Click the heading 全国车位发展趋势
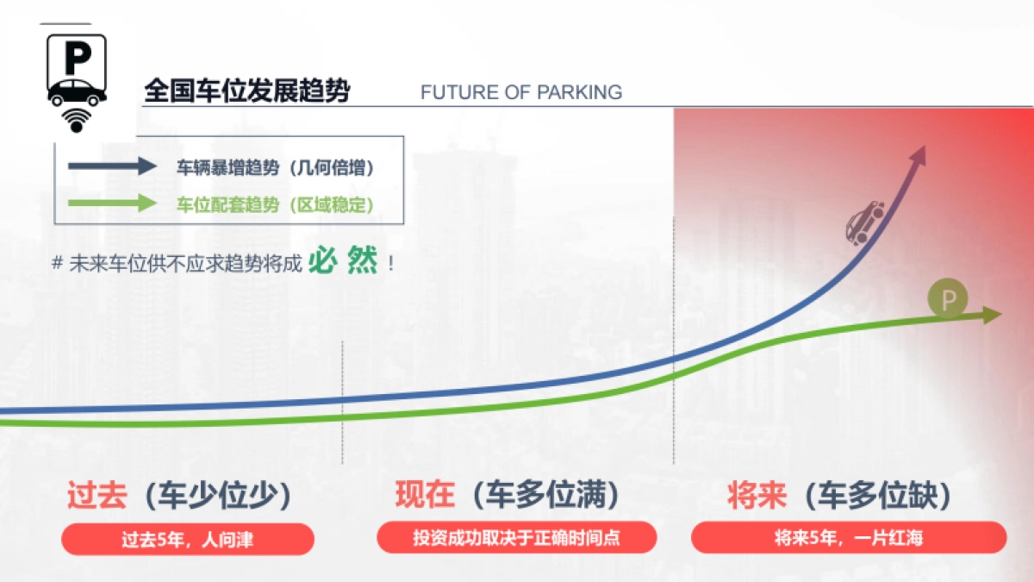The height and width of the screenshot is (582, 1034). coord(247,91)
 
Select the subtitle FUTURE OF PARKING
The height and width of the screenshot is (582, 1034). coord(521,92)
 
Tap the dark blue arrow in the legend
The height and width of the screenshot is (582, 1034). coord(112,167)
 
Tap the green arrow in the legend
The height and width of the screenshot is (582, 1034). coord(112,204)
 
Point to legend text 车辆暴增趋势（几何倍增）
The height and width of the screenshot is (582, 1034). coord(276,168)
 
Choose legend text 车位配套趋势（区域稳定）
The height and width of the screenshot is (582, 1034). coord(276,205)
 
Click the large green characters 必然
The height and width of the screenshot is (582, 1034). coord(344,260)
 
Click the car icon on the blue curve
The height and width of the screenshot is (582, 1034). coord(865,222)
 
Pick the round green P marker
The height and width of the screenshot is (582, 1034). coord(948,300)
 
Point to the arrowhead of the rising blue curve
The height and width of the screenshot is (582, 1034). coord(919,156)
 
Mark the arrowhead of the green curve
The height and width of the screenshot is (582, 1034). coord(993,315)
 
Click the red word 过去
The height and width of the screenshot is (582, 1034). coord(97,496)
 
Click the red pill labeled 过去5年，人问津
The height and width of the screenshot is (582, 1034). coord(188,540)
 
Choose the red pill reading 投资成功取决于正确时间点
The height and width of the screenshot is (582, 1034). coord(517,539)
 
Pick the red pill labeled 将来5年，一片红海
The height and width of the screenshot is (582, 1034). coord(849,539)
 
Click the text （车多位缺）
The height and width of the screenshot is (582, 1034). coord(877,496)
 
